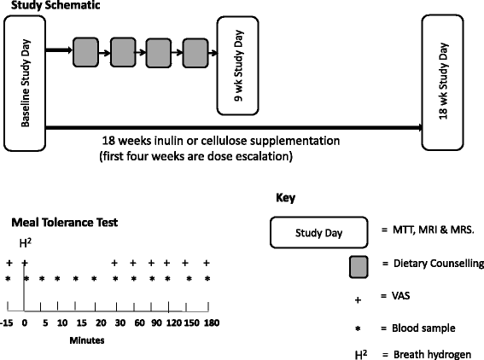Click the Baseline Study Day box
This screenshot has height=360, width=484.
(25, 84)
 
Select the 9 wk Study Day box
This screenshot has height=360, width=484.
(237, 66)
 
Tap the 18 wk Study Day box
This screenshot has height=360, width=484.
(443, 82)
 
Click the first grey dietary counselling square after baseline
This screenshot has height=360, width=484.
(86, 52)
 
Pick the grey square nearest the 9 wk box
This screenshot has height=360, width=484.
(195, 53)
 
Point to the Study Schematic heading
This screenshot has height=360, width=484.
(55, 5)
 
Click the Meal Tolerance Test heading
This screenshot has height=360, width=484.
(65, 223)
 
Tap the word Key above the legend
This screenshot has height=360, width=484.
(285, 198)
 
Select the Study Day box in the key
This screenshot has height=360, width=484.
(319, 233)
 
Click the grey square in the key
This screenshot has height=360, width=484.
(359, 267)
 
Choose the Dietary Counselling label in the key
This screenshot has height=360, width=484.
(439, 264)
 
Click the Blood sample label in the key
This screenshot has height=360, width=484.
(423, 328)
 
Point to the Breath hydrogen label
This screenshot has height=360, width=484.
(432, 354)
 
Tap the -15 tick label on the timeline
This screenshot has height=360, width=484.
(7, 323)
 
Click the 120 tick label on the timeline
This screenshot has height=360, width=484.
(174, 323)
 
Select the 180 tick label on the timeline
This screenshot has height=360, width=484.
(212, 323)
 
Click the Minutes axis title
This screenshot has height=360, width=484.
(87, 340)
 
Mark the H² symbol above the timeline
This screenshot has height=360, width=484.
(26, 243)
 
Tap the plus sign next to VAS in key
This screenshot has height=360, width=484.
(358, 299)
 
